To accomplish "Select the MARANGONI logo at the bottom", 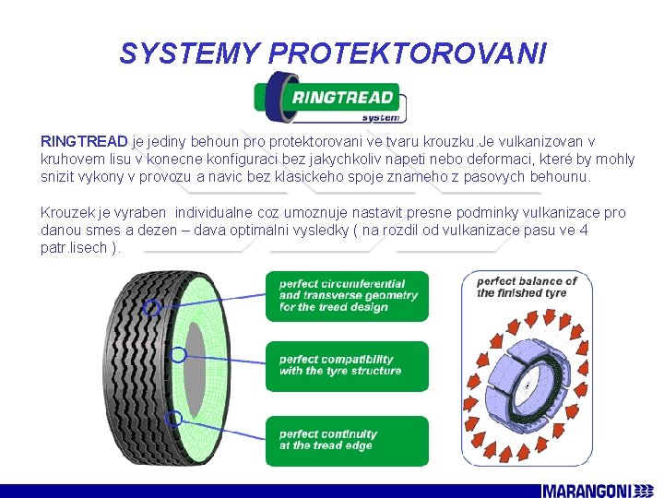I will (599, 489).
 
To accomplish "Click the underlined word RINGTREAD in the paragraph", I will (84, 141).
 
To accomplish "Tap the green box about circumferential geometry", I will (347, 295).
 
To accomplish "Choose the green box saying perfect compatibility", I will (347, 366).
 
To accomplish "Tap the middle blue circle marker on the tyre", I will (179, 354).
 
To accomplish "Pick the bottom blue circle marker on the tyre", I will (172, 419).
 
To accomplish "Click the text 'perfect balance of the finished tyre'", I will (527, 287).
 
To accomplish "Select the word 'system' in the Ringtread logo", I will (380, 117).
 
